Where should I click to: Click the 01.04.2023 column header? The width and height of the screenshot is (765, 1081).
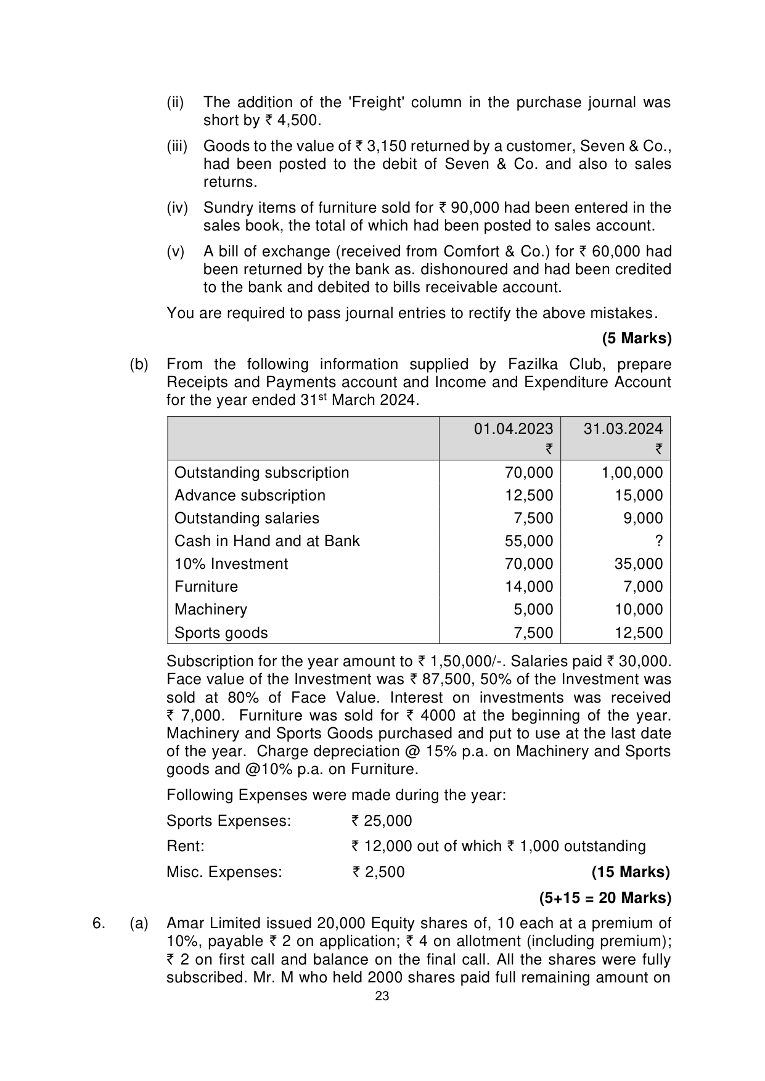513,429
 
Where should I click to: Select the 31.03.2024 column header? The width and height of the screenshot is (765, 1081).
623,429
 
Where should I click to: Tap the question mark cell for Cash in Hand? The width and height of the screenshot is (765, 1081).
658,541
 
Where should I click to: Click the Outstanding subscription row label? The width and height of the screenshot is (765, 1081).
261,473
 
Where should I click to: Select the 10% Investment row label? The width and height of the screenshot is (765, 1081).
231,564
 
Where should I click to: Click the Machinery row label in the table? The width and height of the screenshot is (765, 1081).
211,610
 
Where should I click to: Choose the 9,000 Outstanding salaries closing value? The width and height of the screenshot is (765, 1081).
643,518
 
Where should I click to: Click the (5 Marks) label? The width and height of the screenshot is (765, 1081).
636,338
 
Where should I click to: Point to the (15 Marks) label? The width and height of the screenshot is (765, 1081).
630,872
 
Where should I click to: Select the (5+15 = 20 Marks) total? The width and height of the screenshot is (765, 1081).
605,898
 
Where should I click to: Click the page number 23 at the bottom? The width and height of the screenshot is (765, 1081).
382,997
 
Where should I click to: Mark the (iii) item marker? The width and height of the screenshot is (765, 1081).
177,146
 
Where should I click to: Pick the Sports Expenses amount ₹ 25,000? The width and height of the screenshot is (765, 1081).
382,821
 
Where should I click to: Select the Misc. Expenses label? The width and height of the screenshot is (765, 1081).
224,872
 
